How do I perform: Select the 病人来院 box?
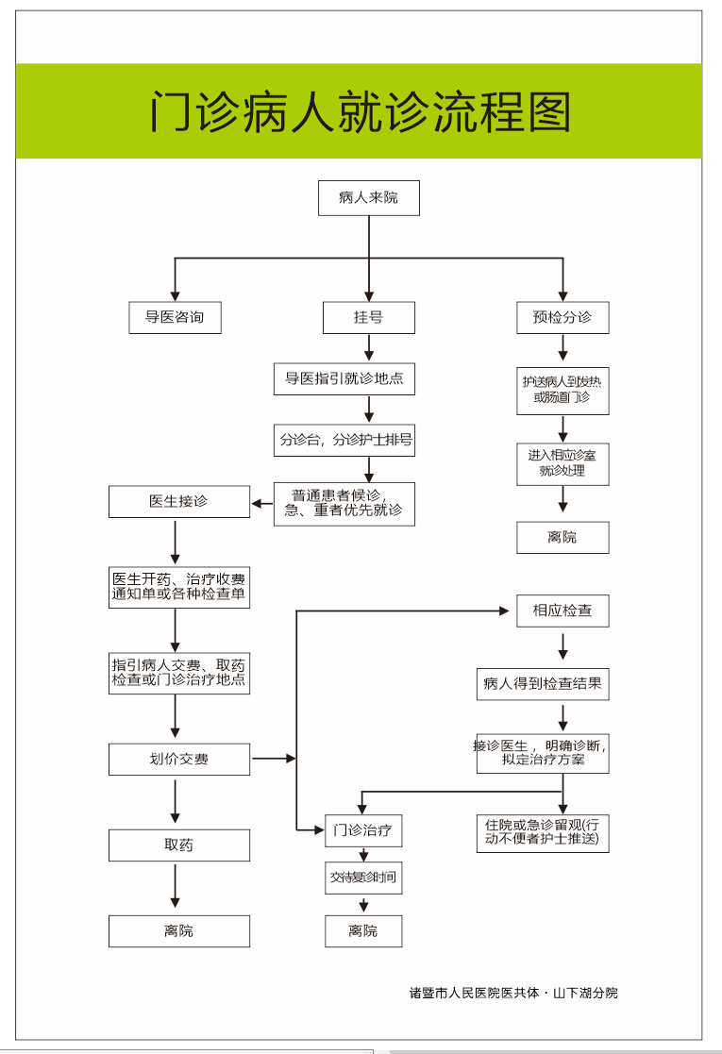368,198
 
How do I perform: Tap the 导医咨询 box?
175,317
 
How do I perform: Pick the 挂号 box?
368,317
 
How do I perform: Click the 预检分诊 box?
562,317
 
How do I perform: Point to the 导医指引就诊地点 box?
344,379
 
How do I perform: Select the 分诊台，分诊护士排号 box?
344,440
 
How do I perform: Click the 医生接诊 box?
178,502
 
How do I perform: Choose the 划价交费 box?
178,759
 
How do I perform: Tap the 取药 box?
178,845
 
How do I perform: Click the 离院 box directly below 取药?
178,931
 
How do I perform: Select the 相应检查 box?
562,611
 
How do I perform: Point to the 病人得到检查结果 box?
542,683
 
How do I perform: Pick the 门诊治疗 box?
363,831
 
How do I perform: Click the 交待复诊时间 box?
363,878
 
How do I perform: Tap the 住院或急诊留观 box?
542,831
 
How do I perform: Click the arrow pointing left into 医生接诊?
261,503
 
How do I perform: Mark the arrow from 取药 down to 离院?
176,888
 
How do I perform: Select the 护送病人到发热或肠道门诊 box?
562,390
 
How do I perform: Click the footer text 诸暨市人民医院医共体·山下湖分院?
513,993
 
